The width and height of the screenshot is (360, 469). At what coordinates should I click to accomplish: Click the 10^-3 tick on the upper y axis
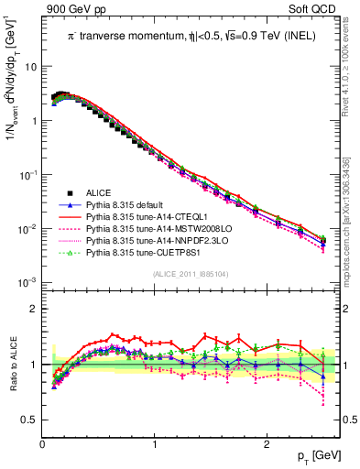pyautogui.click(x=27, y=282)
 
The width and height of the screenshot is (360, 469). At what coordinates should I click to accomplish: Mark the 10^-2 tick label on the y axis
pyautogui.click(x=27, y=228)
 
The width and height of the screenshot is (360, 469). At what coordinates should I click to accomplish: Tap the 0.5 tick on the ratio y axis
pyautogui.click(x=29, y=420)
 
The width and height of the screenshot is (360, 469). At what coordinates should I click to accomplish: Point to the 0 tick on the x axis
pyautogui.click(x=42, y=443)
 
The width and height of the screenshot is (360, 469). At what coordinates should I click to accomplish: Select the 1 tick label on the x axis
pyautogui.click(x=154, y=443)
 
